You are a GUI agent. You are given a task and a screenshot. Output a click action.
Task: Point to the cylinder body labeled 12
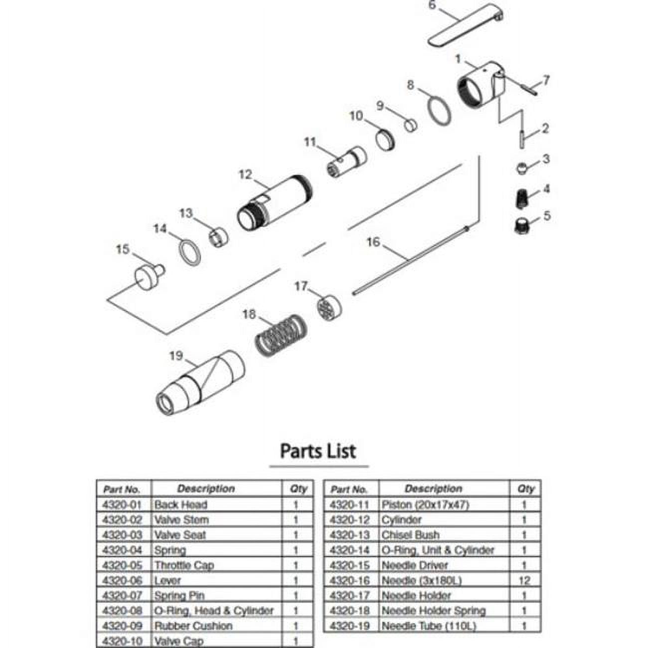[x=274, y=204]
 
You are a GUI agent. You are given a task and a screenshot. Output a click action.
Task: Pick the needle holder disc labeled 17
[x=329, y=308]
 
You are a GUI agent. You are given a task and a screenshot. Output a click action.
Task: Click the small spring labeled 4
[x=521, y=198]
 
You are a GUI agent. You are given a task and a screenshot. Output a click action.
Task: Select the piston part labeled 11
[x=349, y=161]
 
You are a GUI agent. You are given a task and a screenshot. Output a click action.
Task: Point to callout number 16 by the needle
[x=373, y=242]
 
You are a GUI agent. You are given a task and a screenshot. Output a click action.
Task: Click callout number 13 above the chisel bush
[x=186, y=213]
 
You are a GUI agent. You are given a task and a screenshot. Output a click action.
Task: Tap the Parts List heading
[x=318, y=451]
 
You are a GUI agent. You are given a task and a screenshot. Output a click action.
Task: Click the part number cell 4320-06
[x=122, y=580]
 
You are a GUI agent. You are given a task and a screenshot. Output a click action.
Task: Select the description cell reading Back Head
[x=180, y=504]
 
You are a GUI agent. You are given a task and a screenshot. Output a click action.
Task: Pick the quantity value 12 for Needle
[x=524, y=580]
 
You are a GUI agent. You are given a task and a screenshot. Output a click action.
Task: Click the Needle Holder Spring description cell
[x=433, y=611]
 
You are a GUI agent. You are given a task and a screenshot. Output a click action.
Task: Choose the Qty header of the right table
[x=525, y=489]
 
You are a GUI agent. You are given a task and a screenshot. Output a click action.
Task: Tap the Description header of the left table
[x=206, y=489]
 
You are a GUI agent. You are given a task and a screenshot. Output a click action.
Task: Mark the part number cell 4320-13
[x=350, y=535]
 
